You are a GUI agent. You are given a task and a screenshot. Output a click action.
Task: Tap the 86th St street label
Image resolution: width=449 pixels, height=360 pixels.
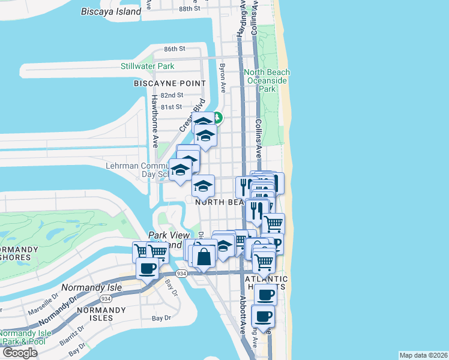coord(175,48)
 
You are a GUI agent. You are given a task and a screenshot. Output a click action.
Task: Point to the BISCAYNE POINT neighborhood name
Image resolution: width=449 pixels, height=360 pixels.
coord(170,83)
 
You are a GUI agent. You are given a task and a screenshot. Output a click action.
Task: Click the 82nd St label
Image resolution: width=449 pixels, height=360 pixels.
coord(171,95)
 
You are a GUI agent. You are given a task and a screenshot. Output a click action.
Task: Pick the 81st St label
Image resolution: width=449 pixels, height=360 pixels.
coord(171,107)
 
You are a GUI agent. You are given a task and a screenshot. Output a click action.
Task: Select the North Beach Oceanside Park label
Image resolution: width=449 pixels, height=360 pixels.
coord(267,80)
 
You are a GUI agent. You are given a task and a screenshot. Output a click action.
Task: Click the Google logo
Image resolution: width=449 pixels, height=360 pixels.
coord(19,353)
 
